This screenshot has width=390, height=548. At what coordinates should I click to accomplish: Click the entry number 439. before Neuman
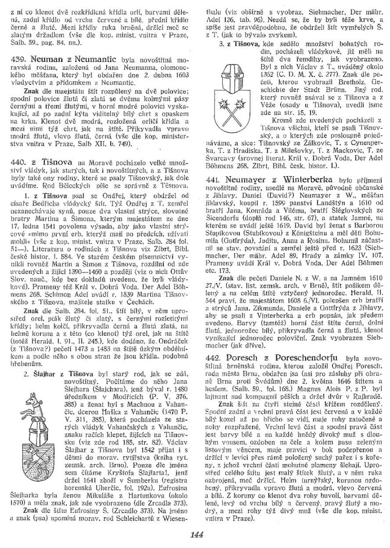(x=18, y=58)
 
